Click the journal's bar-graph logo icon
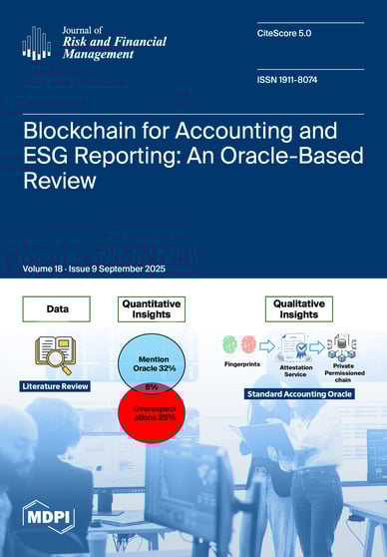(36, 42)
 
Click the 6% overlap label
(152, 387)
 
